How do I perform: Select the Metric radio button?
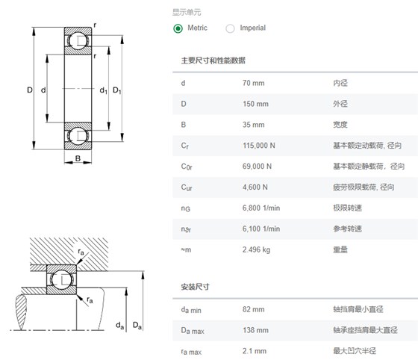[178, 28]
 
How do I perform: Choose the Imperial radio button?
[230, 28]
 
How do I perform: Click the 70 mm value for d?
[254, 83]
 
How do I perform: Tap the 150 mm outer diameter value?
[255, 104]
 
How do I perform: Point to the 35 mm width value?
[254, 125]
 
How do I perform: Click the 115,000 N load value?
[259, 146]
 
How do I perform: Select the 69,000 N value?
[257, 166]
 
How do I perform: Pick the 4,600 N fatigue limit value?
[255, 187]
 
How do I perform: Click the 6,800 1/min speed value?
[261, 208]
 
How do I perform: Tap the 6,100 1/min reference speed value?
[261, 229]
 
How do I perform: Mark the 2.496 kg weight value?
[257, 249]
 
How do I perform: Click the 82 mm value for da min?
[254, 309]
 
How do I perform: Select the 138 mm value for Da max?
[255, 330]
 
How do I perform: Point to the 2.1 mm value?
[255, 351]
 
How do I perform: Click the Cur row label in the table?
[187, 187]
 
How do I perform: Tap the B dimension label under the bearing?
[78, 158]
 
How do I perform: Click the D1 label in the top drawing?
[117, 90]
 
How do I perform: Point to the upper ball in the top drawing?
[78, 41]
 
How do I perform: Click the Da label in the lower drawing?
[137, 326]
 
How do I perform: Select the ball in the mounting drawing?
[61, 280]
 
